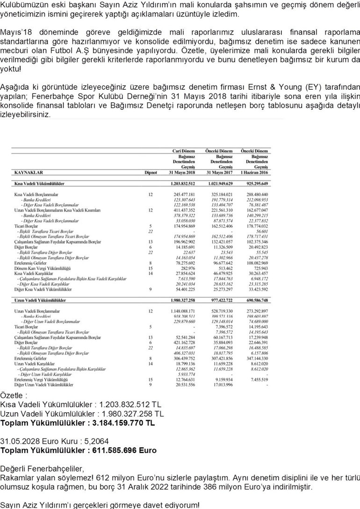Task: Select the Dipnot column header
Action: [x=151, y=172]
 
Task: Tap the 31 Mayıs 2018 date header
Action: [x=182, y=172]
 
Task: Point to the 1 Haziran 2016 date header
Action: [x=254, y=172]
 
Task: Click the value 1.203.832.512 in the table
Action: [x=183, y=184]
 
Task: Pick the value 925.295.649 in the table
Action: [x=255, y=184]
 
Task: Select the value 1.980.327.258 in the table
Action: [x=183, y=301]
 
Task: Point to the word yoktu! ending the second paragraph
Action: [x=10, y=69]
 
